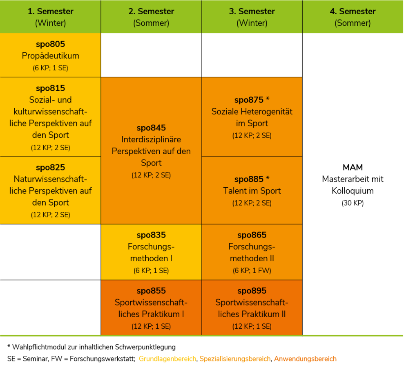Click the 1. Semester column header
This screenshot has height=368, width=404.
pos(51,17)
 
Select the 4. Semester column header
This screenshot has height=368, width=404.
pos(353,17)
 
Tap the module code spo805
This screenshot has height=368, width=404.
pos(51,44)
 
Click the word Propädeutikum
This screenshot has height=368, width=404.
pos(51,56)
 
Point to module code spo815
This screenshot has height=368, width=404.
pos(51,88)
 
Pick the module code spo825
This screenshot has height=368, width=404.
pos(51,168)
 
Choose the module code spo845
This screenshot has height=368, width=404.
pos(151,128)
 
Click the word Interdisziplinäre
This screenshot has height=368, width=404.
pos(151,139)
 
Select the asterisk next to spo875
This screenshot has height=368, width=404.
pos(268,99)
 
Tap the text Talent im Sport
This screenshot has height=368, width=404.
pos(252,191)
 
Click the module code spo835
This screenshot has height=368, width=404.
pos(151,235)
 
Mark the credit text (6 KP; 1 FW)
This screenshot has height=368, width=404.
pos(252,271)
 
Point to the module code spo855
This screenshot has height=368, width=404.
pos(151,291)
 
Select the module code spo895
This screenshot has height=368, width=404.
pos(252,291)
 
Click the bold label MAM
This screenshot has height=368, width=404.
pos(353,168)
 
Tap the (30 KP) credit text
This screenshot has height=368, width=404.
pos(353,203)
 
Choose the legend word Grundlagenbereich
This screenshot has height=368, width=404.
pos(167,359)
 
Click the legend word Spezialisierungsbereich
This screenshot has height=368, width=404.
pos(235,359)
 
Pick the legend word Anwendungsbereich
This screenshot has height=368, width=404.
pos(305,359)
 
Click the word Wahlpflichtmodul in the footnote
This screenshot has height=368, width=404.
pos(39,347)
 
